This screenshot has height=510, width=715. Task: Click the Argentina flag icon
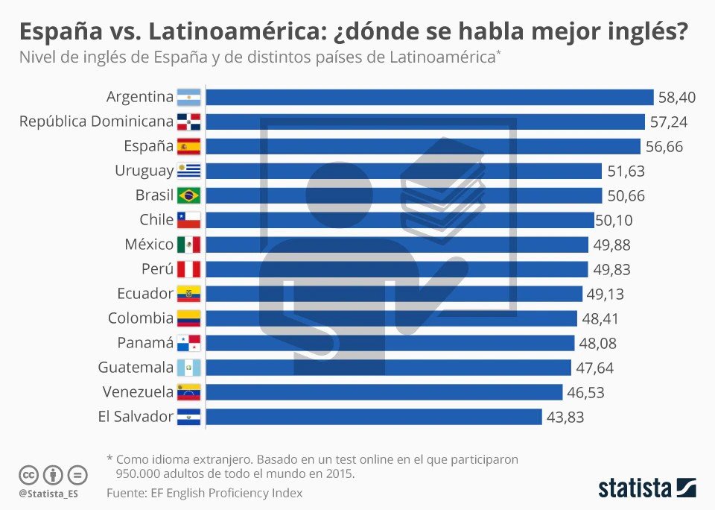188,97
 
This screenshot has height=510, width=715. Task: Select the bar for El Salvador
373,417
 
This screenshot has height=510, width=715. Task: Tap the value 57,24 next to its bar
668,122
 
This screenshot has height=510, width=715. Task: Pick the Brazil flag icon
188,195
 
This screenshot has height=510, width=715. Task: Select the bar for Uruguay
403,171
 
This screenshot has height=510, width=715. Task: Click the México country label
149,245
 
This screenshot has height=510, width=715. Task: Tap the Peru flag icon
188,269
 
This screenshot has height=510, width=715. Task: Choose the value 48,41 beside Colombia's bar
600,318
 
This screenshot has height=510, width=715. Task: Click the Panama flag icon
188,343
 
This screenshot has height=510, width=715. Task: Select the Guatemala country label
136,368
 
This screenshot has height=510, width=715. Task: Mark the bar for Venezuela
384,392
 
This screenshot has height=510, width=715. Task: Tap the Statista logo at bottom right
646,488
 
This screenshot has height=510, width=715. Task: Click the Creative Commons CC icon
28,474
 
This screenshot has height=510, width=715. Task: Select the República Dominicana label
96,122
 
